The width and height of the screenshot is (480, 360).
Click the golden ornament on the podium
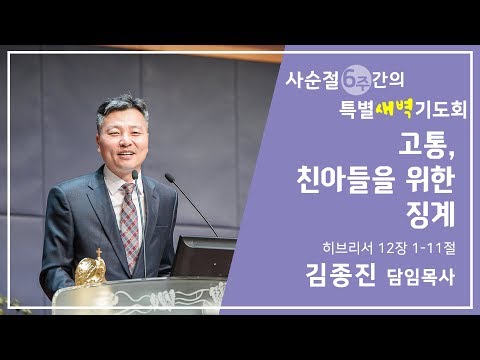tap(91, 269)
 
